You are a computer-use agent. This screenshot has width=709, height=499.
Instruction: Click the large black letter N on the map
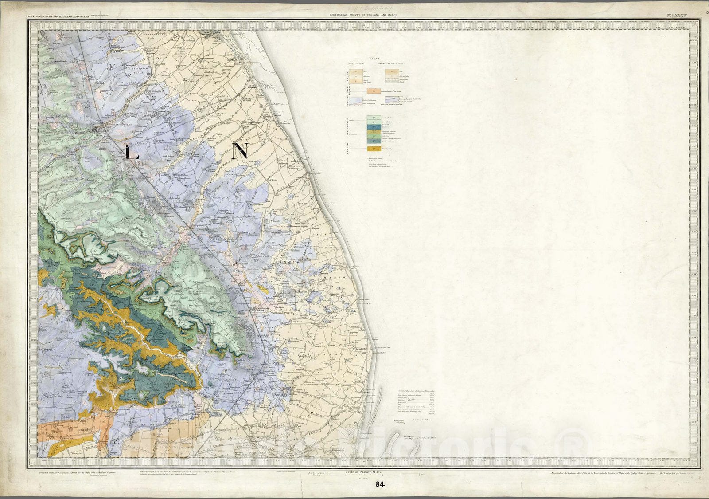click(x=242, y=151)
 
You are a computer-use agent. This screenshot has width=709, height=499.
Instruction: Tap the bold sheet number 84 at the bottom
click(x=379, y=484)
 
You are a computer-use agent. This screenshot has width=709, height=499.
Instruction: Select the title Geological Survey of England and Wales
click(x=363, y=15)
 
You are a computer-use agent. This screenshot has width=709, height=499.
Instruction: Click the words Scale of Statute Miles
click(x=363, y=473)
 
